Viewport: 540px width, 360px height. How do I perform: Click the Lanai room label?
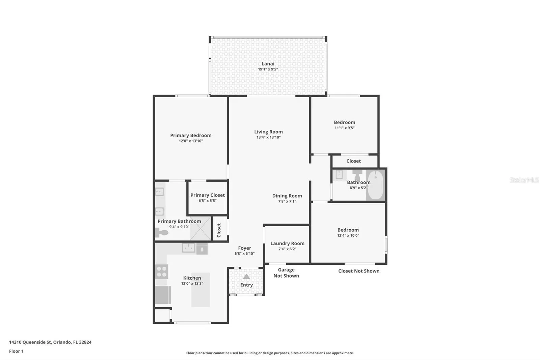click(268, 64)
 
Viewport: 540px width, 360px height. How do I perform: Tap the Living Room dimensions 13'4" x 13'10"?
click(268, 137)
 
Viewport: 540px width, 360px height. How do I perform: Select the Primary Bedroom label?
click(191, 135)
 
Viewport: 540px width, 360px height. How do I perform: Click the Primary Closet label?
click(207, 195)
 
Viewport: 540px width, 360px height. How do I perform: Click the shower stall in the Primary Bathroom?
click(200, 228)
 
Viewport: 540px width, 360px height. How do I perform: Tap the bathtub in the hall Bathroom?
click(376, 185)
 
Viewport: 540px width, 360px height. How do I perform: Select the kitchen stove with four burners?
click(162, 272)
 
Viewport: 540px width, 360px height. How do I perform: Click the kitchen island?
click(200, 290)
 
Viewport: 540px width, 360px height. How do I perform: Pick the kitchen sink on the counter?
click(188, 248)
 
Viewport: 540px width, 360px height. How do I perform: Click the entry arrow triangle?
click(246, 277)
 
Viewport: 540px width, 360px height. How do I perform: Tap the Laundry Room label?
click(287, 243)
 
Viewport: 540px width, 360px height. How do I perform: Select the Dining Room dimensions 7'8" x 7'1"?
click(287, 201)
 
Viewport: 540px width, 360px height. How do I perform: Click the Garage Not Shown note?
click(286, 273)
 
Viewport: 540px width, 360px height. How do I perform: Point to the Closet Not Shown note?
click(359, 271)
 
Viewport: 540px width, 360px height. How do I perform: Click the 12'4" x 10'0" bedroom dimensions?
click(348, 235)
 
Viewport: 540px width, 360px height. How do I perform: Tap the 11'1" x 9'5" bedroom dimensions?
click(345, 128)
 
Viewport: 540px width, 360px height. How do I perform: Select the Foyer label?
click(244, 248)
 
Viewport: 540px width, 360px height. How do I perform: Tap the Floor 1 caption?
click(17, 351)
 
